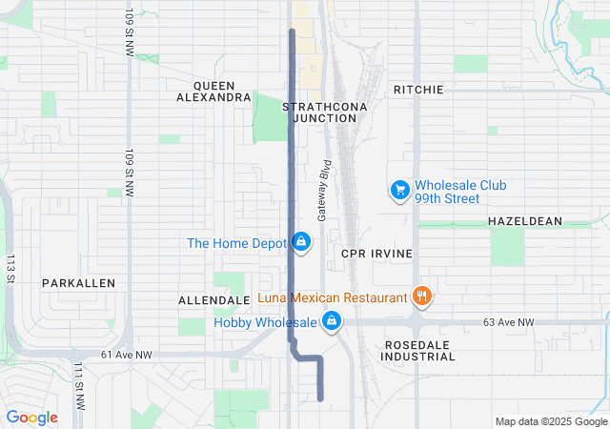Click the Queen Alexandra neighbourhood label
(214, 91)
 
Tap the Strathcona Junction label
(319, 112)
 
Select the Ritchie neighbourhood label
(418, 90)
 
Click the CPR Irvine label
(376, 254)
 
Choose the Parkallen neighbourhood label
(78, 283)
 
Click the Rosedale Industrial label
(418, 350)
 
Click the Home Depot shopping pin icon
(301, 243)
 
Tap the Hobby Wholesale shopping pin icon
(332, 322)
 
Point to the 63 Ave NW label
(508, 323)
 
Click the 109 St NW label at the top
(130, 32)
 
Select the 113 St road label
(10, 268)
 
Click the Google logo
(31, 418)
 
